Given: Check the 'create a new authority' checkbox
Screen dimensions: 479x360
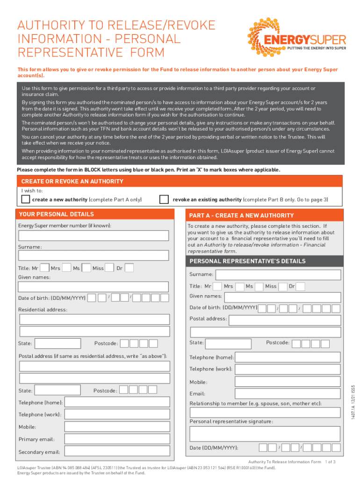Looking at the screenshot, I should point(25,200).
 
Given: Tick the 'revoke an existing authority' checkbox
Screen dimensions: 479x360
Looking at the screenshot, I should point(164,200).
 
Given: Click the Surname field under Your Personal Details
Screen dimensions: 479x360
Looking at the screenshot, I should point(94,255).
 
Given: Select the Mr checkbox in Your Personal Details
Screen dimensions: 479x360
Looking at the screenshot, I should point(45,268).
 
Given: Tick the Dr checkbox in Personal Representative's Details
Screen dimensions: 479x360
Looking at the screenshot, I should point(300,286).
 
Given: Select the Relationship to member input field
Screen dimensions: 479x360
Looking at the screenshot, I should point(265,412).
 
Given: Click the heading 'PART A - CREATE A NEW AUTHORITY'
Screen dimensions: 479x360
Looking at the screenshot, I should point(241,216).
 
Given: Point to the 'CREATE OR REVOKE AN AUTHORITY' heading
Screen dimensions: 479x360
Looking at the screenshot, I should point(72,181).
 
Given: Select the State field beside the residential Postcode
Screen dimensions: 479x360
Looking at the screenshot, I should point(57,343).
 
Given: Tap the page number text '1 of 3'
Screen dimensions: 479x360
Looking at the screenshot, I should point(330,462).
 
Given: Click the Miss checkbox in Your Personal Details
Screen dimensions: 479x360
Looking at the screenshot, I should point(109,268).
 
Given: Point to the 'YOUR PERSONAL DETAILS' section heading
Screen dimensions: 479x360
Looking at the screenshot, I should point(56,214).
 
